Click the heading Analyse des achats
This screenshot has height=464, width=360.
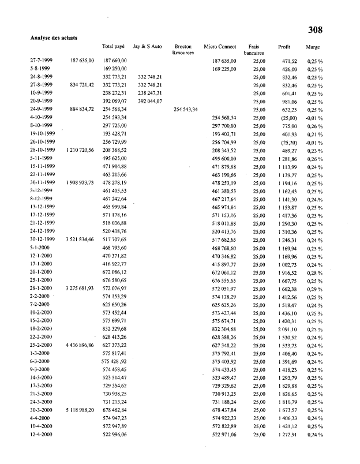(54, 38)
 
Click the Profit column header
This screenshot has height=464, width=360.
(284, 46)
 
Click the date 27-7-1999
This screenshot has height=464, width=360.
(42, 61)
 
